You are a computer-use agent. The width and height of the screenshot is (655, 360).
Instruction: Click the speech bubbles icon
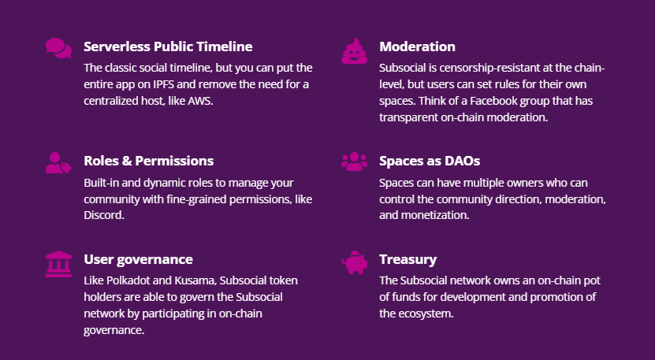pos(58,48)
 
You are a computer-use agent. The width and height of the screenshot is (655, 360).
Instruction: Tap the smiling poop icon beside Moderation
pos(354,51)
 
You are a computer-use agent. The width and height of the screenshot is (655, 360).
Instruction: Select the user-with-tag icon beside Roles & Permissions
pos(58,163)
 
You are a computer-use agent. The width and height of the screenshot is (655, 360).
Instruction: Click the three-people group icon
pos(354,161)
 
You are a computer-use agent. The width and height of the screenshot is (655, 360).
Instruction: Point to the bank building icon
pos(58,264)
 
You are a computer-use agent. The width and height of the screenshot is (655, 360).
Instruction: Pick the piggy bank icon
pos(354,262)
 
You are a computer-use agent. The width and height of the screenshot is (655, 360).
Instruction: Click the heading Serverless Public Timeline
pos(168,46)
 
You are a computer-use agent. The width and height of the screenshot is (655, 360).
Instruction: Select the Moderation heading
pos(417,46)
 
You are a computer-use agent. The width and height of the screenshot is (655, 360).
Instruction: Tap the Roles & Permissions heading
pos(149,161)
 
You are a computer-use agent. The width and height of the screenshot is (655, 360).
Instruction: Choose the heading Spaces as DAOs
pos(430,161)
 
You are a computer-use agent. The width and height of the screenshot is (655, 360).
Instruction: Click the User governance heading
pos(138,259)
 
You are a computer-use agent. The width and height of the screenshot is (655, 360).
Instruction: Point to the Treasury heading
pos(408,259)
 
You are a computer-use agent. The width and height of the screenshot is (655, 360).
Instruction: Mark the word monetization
pos(436,216)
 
